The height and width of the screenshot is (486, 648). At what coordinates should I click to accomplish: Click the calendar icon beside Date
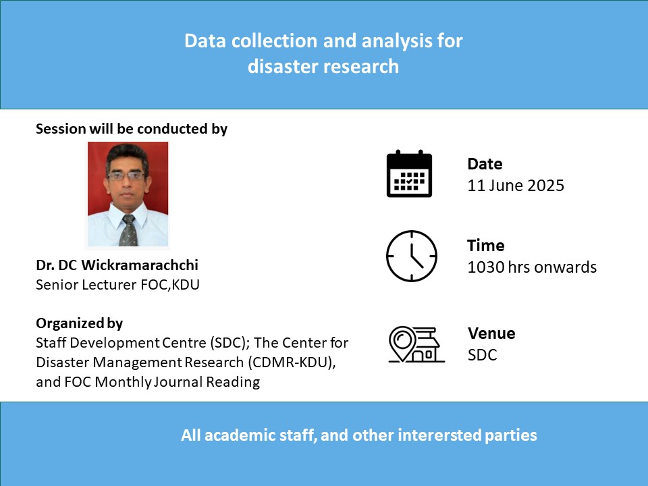click(x=409, y=173)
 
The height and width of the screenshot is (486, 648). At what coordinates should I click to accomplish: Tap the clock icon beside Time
click(x=412, y=256)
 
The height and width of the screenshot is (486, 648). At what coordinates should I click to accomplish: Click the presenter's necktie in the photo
click(x=128, y=231)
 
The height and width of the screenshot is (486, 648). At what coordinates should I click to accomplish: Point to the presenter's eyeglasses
click(x=126, y=176)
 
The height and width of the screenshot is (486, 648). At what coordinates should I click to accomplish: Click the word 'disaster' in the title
click(x=282, y=67)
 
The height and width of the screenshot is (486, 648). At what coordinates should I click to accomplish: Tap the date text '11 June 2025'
click(x=515, y=186)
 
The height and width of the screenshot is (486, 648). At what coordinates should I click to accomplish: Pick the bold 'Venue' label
click(x=491, y=333)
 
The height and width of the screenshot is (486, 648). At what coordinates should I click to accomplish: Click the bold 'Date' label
click(x=485, y=164)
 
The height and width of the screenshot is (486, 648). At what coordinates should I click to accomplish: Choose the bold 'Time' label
click(x=485, y=246)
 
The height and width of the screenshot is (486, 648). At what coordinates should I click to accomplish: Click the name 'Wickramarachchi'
click(x=140, y=265)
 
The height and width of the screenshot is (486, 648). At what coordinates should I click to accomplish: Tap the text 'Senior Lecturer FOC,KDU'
click(x=117, y=285)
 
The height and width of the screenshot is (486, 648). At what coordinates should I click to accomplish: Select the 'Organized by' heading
click(x=80, y=323)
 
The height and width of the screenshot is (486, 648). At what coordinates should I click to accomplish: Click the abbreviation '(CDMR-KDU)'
click(x=292, y=362)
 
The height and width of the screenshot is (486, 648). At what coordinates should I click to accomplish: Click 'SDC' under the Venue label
click(x=482, y=355)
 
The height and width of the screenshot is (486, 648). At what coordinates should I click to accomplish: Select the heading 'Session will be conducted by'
click(x=132, y=129)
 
